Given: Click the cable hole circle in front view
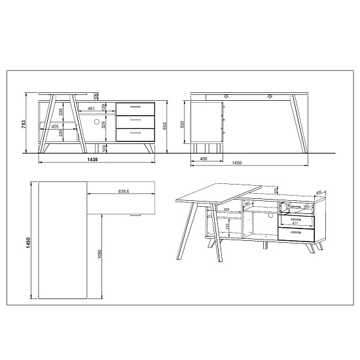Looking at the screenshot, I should [96, 122].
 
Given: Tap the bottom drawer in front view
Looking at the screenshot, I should [135, 134].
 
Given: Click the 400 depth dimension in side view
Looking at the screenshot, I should [204, 159].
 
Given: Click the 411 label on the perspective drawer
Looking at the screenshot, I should [295, 223].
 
